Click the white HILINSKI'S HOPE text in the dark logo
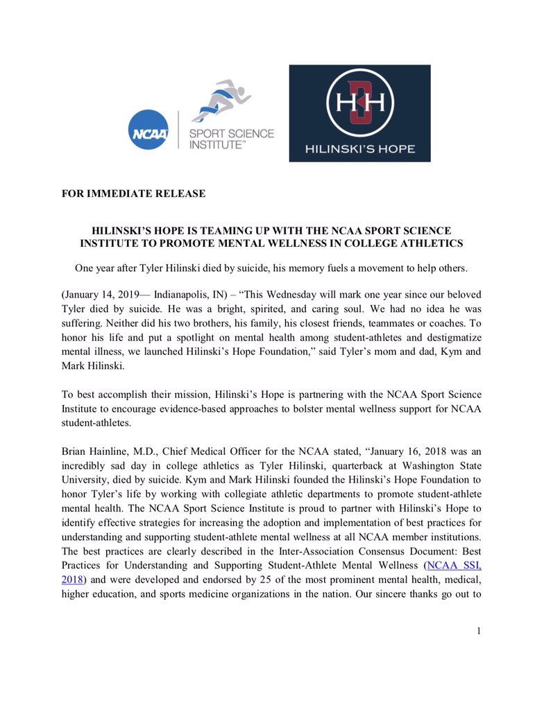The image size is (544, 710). [359, 148]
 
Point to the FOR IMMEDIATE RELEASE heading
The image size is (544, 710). [133, 193]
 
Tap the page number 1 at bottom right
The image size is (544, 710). [478, 630]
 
